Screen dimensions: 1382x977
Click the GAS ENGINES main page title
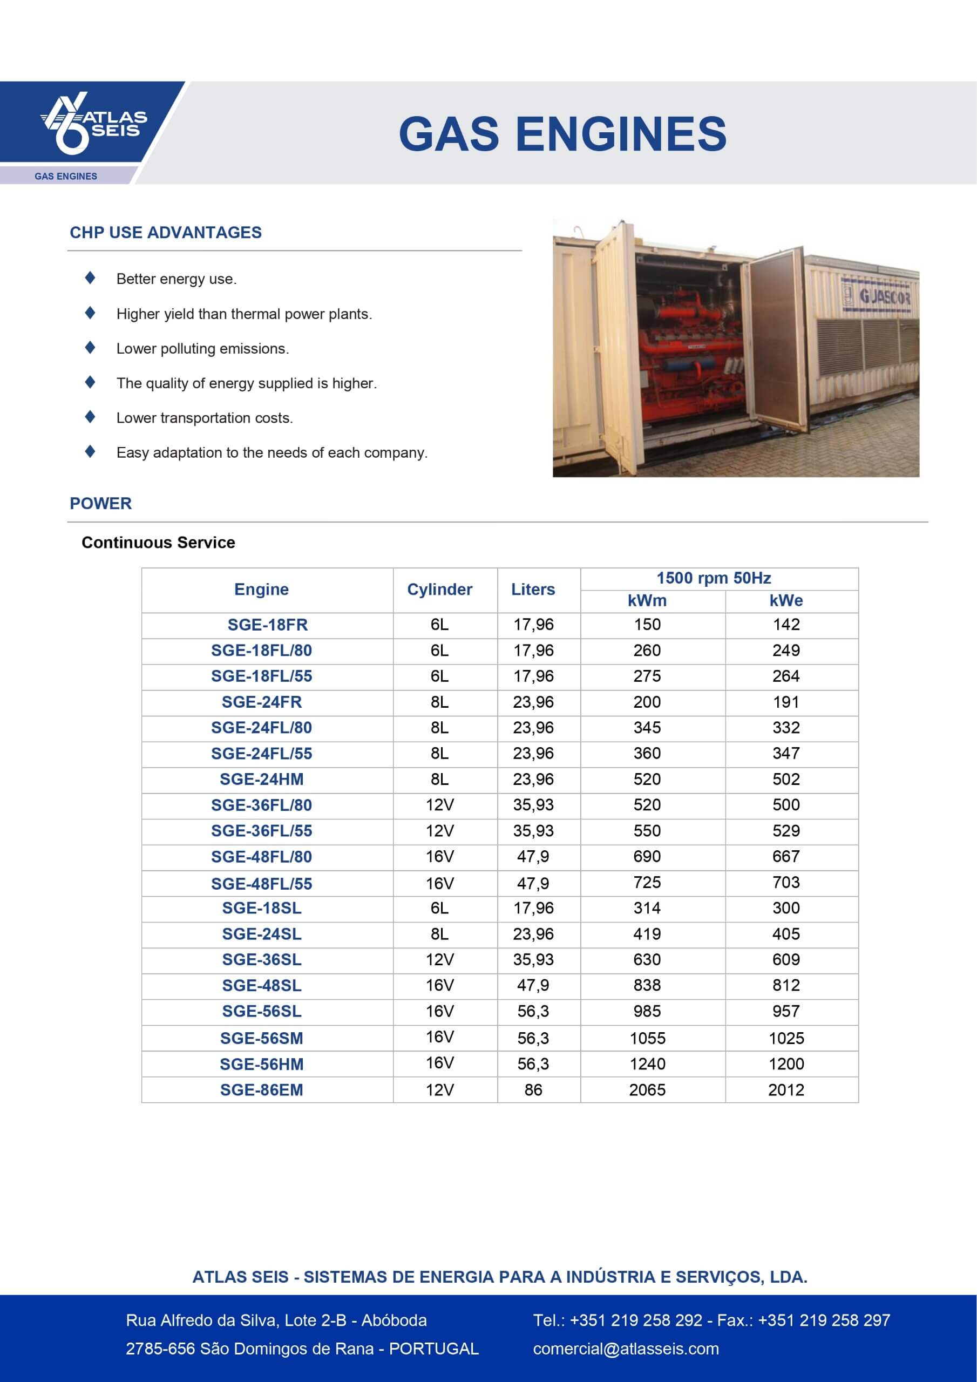(x=562, y=134)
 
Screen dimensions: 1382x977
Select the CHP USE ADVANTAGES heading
(x=166, y=233)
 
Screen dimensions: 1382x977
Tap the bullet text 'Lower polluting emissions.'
(x=203, y=349)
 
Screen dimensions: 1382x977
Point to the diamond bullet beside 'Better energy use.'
(x=90, y=277)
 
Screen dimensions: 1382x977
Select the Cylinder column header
(x=439, y=590)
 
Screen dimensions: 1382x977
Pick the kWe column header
(x=785, y=601)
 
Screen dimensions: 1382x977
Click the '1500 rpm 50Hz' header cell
(x=714, y=578)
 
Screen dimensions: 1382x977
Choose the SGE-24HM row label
(x=261, y=780)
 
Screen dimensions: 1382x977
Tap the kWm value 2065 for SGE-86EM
(x=647, y=1090)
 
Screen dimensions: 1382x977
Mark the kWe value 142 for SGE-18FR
(x=786, y=625)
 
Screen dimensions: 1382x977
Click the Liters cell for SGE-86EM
(x=533, y=1090)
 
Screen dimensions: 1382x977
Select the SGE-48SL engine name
(x=261, y=986)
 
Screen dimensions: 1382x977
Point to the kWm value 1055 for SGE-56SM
(x=647, y=1038)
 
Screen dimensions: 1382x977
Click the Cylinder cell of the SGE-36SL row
(x=439, y=960)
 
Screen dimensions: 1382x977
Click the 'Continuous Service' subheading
(x=158, y=543)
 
